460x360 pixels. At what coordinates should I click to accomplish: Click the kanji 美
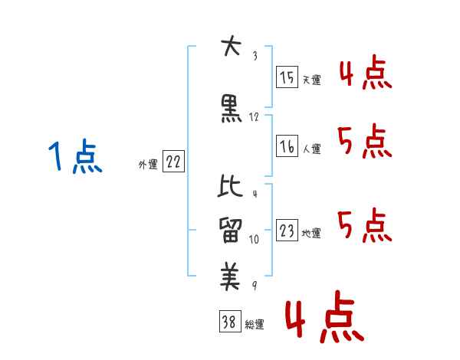click(230, 275)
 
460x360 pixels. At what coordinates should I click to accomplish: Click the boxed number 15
click(287, 77)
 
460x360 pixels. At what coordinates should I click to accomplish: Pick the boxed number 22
click(174, 162)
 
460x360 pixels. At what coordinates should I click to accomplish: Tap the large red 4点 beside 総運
click(324, 319)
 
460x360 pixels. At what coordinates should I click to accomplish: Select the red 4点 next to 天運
click(366, 74)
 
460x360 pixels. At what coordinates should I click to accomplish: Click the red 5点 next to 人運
click(366, 142)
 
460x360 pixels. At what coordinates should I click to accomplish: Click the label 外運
click(147, 164)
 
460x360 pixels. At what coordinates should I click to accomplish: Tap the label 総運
click(255, 325)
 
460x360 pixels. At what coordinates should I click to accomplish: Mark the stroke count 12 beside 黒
click(255, 117)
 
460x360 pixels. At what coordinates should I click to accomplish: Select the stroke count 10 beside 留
click(255, 239)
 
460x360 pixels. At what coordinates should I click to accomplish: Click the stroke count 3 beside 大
click(255, 55)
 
